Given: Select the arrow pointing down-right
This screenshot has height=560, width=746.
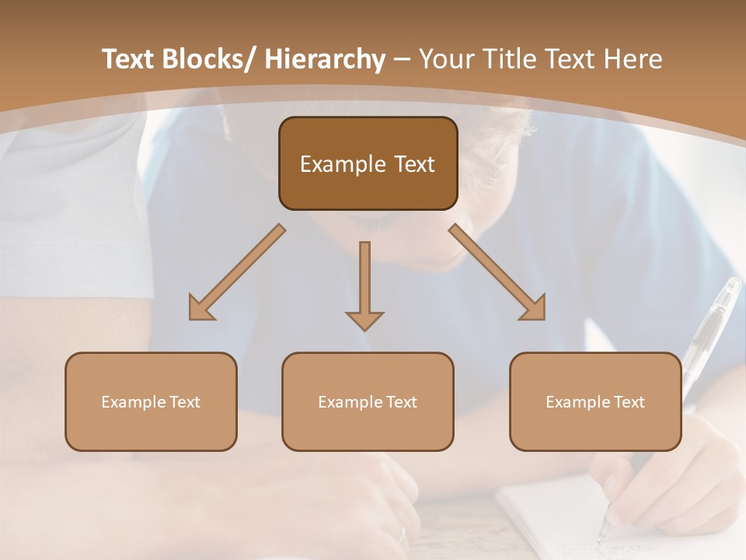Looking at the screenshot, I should (498, 273).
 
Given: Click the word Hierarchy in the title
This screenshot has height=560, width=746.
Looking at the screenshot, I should (324, 59).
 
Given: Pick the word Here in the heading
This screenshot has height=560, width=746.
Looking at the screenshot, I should (629, 59).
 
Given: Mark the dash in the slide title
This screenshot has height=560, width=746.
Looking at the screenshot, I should (401, 59).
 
